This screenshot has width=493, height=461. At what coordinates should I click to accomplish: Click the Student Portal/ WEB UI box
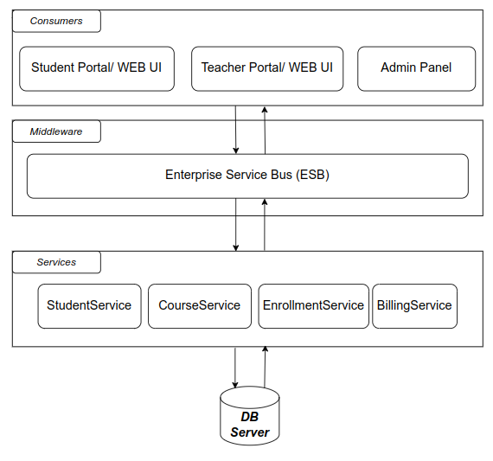click(97, 69)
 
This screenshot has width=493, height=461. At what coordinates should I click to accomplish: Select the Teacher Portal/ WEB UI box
click(267, 69)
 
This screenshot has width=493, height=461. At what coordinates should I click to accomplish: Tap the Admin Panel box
click(417, 69)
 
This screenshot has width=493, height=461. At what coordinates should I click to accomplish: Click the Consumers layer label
click(56, 21)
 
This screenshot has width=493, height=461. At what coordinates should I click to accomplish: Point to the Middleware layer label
click(56, 131)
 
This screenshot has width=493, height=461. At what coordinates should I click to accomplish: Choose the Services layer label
click(56, 262)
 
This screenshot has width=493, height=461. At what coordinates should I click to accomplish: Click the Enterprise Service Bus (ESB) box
click(247, 176)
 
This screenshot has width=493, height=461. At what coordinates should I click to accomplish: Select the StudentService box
click(90, 306)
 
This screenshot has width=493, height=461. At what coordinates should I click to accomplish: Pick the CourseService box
click(200, 306)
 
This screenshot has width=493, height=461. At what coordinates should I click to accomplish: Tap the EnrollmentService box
click(313, 306)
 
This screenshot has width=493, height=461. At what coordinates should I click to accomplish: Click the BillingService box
click(414, 306)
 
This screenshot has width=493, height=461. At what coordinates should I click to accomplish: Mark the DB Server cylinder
click(250, 416)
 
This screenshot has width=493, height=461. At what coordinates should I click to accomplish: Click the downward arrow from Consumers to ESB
click(236, 130)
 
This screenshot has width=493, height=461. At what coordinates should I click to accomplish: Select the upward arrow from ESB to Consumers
click(265, 131)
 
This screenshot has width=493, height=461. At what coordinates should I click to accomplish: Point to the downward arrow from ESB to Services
click(236, 225)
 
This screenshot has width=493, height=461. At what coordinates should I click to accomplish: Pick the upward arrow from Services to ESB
click(265, 225)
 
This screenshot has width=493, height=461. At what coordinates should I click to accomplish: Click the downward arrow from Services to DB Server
click(235, 368)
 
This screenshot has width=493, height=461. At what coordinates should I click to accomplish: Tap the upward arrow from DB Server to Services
click(265, 367)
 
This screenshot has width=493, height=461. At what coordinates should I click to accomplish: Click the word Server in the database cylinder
click(250, 432)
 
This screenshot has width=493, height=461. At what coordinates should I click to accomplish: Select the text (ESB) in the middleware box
click(312, 175)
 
